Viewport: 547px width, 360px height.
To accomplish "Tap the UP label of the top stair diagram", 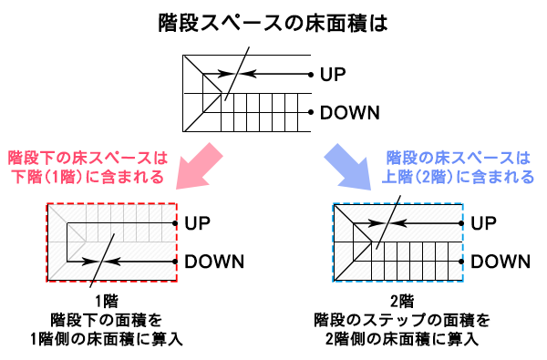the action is click(333, 73).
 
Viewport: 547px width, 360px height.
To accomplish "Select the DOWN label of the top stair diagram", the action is click(351, 113).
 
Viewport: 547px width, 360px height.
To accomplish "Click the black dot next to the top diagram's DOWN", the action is click(312, 113).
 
